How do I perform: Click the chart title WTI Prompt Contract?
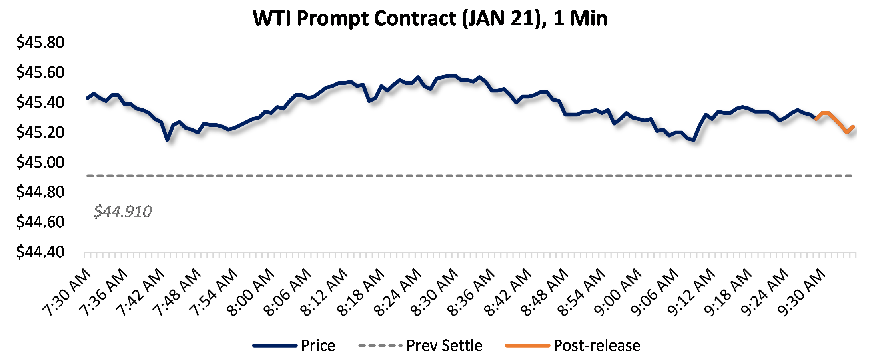(430, 18)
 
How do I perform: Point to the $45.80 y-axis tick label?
(40, 42)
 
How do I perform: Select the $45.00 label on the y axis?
(40, 162)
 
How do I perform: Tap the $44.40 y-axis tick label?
(40, 252)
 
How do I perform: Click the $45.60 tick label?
(40, 72)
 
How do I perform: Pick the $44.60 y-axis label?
(40, 222)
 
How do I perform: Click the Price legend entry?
(318, 346)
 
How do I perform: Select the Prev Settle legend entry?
(444, 346)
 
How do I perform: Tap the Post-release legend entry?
(597, 346)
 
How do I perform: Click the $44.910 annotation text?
(123, 211)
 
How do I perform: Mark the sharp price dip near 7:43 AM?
(167, 139)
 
